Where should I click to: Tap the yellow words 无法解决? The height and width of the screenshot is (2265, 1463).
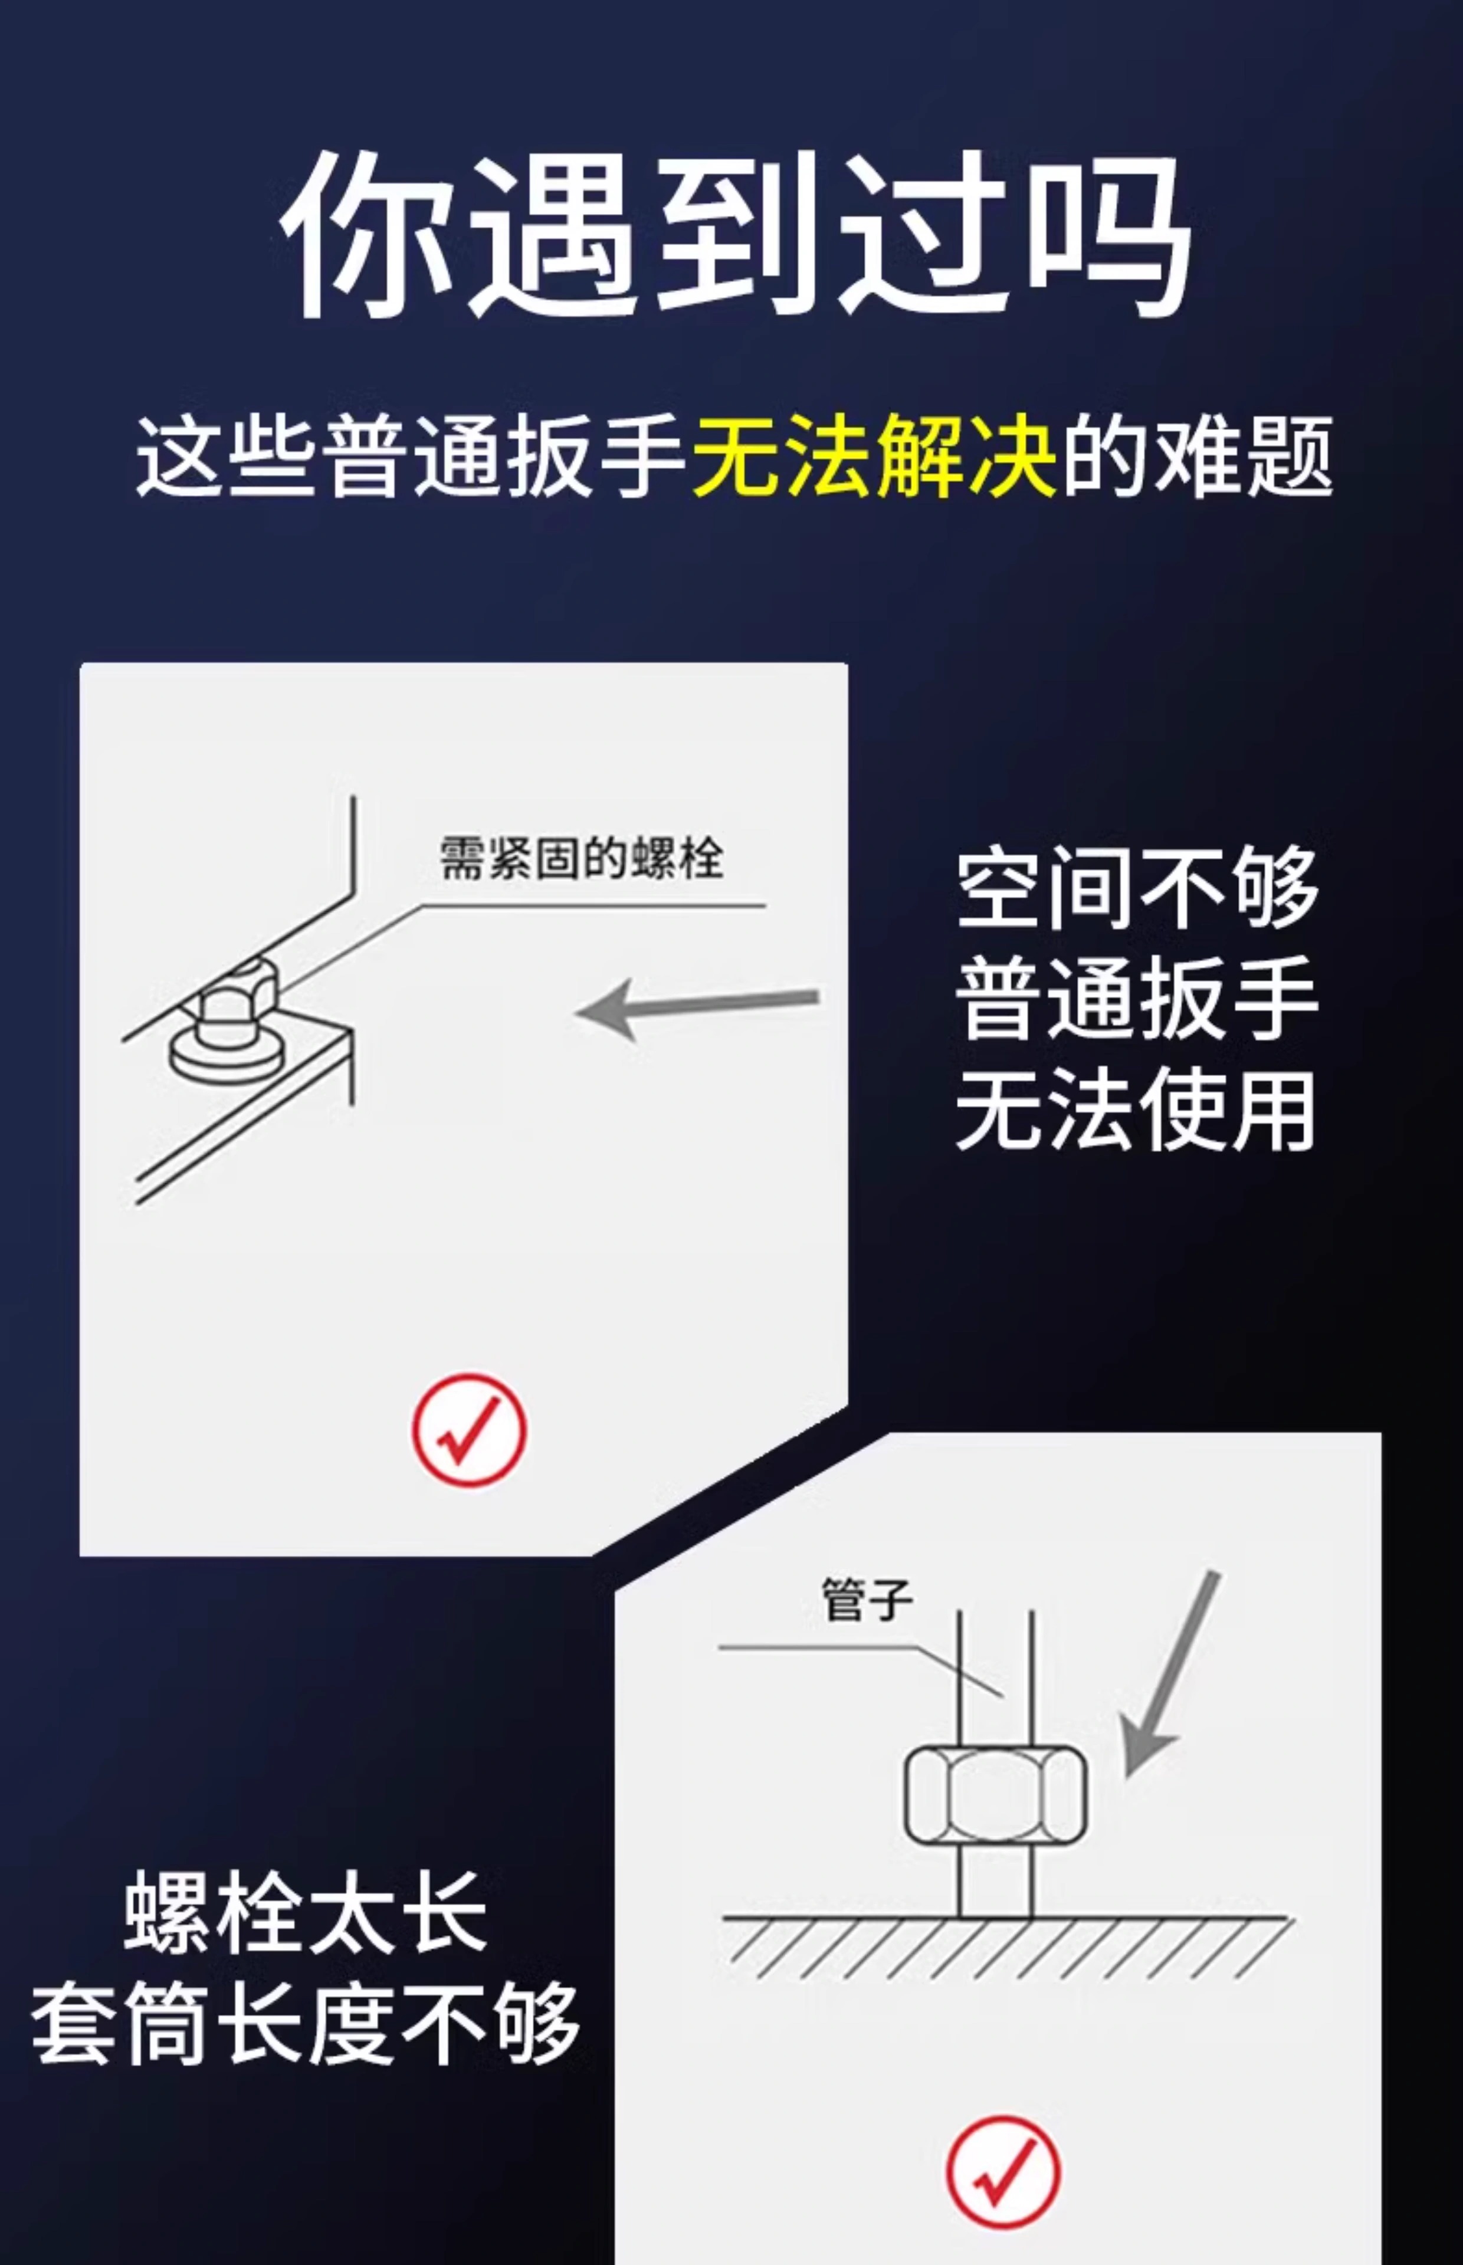(874, 456)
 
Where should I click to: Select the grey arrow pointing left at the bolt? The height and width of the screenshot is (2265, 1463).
(698, 1007)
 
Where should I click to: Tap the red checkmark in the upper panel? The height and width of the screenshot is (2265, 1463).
(468, 1429)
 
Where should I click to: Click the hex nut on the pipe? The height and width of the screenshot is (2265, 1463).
(995, 1795)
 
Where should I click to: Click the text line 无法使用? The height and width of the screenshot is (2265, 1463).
(1136, 1109)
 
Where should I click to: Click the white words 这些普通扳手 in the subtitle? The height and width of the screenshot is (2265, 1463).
(411, 456)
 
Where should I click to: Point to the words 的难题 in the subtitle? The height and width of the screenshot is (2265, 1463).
(1197, 456)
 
